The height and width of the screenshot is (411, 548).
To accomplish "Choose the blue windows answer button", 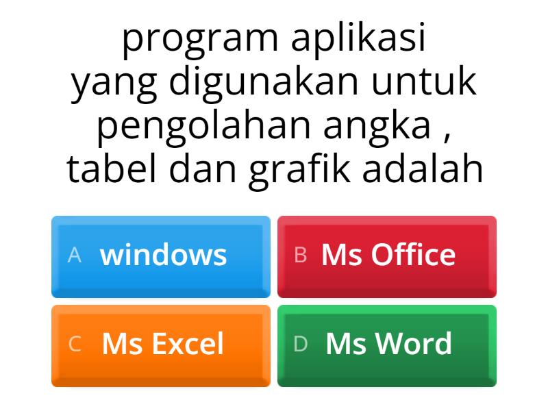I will click(161, 256).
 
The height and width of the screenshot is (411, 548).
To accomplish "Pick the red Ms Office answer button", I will click(387, 256).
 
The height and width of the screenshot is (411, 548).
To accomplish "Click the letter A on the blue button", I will click(75, 256).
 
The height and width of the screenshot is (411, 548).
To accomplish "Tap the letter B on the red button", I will click(300, 256).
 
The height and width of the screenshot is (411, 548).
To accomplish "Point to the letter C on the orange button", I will click(75, 345).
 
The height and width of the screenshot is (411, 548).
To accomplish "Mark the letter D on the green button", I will click(300, 345).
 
